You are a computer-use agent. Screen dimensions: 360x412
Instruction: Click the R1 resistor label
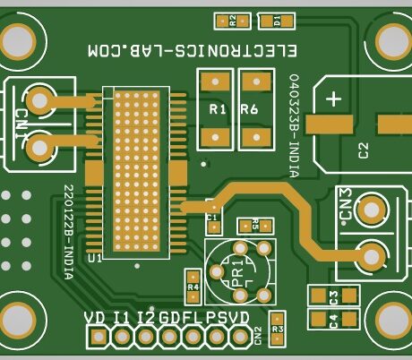coord(216,109)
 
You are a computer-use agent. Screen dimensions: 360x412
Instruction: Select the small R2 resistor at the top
coord(232,20)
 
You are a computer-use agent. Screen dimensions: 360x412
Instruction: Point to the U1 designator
coord(94,258)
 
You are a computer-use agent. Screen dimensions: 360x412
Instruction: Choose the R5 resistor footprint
coord(255,226)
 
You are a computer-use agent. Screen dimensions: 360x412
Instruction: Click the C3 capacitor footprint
coord(332,296)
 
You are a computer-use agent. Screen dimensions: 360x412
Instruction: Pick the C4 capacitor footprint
coord(332,319)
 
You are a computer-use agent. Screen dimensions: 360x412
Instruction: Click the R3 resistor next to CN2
coord(278,329)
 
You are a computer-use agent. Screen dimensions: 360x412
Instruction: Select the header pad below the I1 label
coord(120,337)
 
